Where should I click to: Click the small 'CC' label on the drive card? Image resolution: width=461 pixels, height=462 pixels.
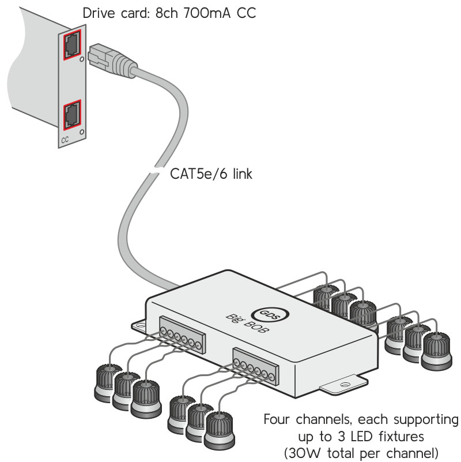(x=65, y=140)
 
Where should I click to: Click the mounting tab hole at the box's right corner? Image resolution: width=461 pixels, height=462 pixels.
(x=346, y=384)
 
